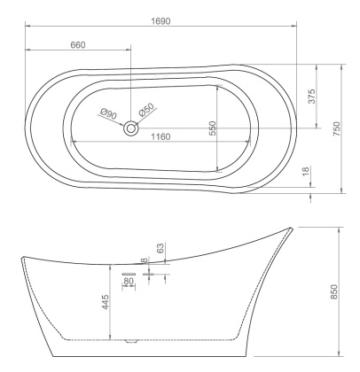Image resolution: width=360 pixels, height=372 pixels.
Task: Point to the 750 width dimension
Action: [x=337, y=128]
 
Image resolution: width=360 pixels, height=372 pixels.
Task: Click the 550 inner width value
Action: [x=213, y=128]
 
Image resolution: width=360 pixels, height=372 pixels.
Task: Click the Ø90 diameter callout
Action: [x=109, y=112]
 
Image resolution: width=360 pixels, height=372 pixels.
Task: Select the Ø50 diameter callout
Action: [x=147, y=109]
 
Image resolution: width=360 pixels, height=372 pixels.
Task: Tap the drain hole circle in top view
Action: [x=131, y=128]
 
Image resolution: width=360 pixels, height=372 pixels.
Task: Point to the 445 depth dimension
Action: [x=105, y=303]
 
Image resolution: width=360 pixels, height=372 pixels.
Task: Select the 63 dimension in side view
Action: [x=160, y=248]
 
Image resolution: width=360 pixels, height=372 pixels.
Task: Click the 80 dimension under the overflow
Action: [x=128, y=281]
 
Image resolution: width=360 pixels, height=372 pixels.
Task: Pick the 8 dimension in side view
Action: [x=145, y=260]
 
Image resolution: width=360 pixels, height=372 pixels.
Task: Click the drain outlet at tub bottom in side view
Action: [x=133, y=338]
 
